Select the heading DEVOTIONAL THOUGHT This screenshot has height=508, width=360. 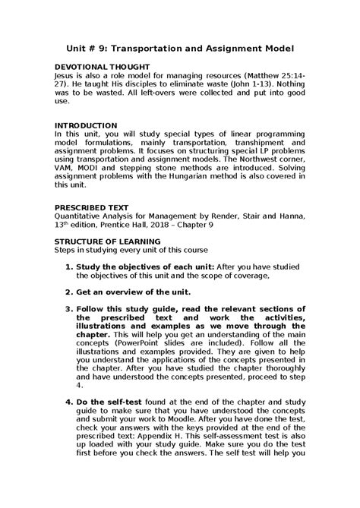[x=96, y=67]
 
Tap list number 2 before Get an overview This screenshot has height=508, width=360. [x=68, y=292]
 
